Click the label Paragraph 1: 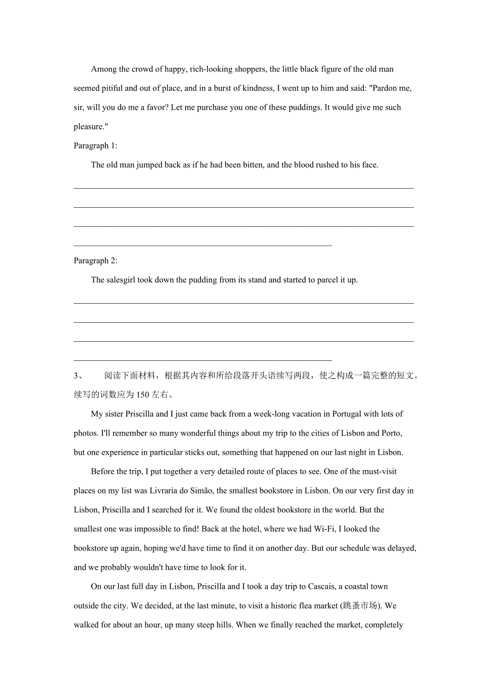tap(95, 146)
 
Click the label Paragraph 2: tap(95, 261)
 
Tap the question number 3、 tap(79, 376)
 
